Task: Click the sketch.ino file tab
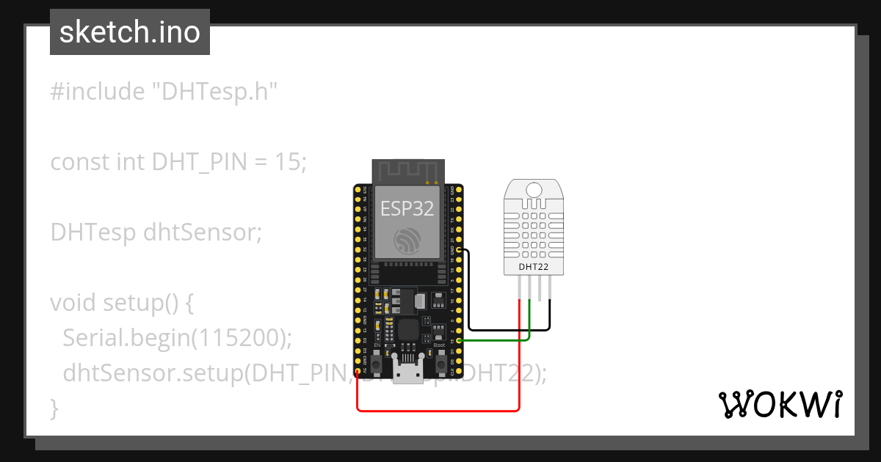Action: pyautogui.click(x=130, y=32)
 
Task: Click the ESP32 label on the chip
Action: pyautogui.click(x=407, y=210)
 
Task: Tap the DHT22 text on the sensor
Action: pyautogui.click(x=534, y=267)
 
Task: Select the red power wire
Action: pyautogui.click(x=440, y=410)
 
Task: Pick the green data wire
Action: pyautogui.click(x=499, y=340)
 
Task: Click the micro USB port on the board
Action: pyautogui.click(x=407, y=374)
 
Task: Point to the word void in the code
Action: pyautogui.click(x=73, y=303)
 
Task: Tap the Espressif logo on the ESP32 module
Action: pyautogui.click(x=407, y=241)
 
